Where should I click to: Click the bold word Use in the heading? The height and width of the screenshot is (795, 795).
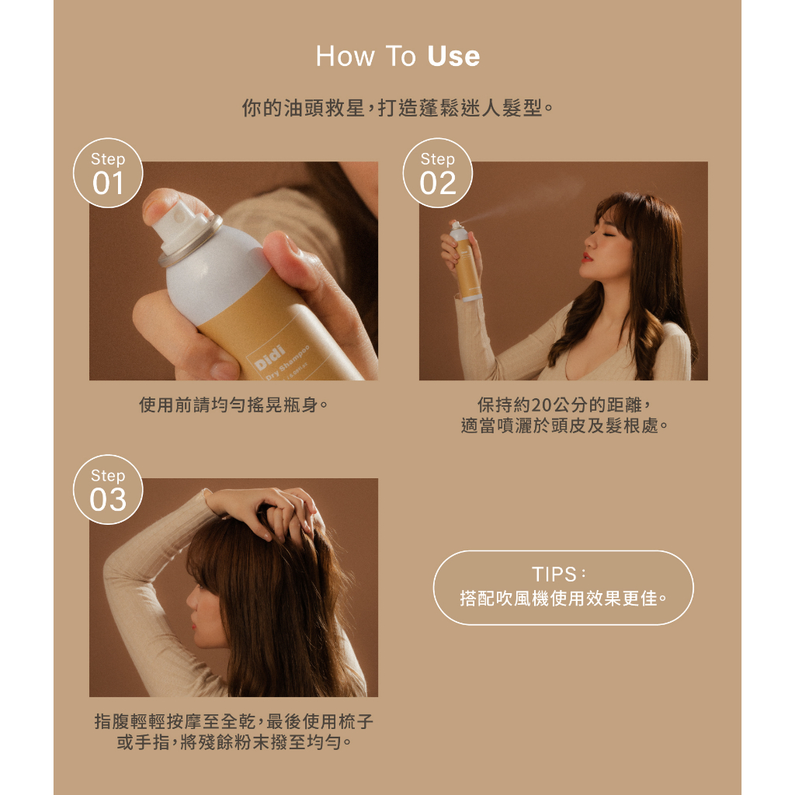[453, 56]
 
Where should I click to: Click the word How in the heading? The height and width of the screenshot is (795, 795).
[345, 56]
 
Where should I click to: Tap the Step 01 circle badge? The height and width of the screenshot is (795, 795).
[108, 173]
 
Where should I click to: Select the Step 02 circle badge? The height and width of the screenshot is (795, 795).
[438, 173]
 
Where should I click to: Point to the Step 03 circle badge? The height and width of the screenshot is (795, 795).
[108, 489]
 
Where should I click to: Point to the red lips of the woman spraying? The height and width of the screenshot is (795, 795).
[587, 258]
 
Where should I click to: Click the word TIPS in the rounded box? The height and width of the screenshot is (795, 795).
[554, 575]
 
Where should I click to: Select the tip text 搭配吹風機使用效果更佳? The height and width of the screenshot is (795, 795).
[563, 599]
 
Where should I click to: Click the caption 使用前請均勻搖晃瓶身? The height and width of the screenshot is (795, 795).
[234, 404]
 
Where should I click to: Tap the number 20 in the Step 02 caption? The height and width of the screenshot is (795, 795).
[542, 404]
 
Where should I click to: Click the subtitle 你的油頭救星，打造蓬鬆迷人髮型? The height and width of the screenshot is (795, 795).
[397, 107]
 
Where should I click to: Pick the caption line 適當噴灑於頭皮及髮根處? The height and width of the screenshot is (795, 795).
[564, 425]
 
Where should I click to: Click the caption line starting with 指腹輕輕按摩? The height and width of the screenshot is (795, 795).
[234, 721]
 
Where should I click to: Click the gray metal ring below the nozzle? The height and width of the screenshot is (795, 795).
[190, 242]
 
